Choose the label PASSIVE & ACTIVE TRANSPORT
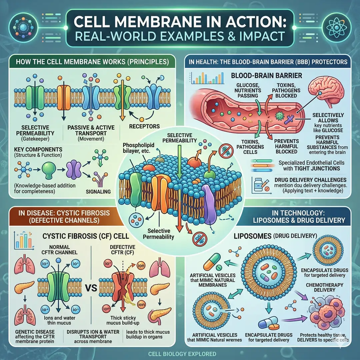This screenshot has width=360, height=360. tap(86, 130)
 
